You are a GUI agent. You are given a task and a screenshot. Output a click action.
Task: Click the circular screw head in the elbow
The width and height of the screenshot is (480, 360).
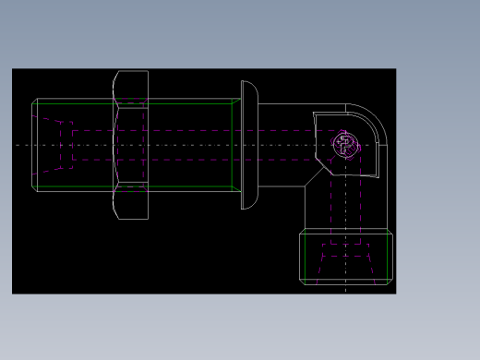click(x=345, y=144)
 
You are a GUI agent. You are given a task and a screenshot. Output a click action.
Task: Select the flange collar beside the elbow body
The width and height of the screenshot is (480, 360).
click(x=249, y=144)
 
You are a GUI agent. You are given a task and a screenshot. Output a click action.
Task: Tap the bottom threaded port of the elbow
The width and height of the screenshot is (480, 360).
click(x=346, y=257)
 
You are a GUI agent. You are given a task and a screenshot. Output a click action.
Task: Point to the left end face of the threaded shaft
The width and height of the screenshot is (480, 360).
click(x=33, y=144)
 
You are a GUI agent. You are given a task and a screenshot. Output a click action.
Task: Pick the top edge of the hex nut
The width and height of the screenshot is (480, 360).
click(x=131, y=71)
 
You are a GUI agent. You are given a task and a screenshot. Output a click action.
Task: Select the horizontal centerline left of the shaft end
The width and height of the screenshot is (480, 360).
click(x=23, y=145)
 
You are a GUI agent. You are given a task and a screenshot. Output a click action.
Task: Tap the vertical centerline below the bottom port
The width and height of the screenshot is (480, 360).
click(x=346, y=288)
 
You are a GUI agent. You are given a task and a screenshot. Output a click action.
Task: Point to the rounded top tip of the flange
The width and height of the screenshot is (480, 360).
click(x=247, y=83)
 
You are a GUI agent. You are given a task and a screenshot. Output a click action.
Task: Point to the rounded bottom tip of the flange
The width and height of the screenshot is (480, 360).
click(x=247, y=206)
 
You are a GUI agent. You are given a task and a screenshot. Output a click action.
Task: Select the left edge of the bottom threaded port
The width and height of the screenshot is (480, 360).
click(x=300, y=257)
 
